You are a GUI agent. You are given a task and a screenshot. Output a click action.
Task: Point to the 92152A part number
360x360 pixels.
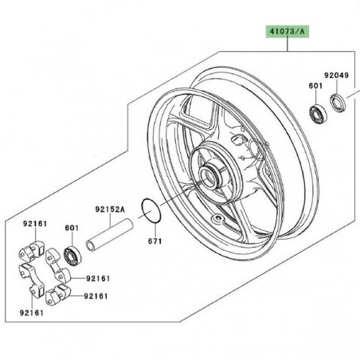pyautogui.click(x=112, y=210)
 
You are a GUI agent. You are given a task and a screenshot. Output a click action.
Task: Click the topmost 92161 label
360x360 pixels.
pyautogui.click(x=32, y=226)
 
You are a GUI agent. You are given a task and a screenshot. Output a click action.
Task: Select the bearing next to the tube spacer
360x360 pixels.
pyautogui.click(x=74, y=258)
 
